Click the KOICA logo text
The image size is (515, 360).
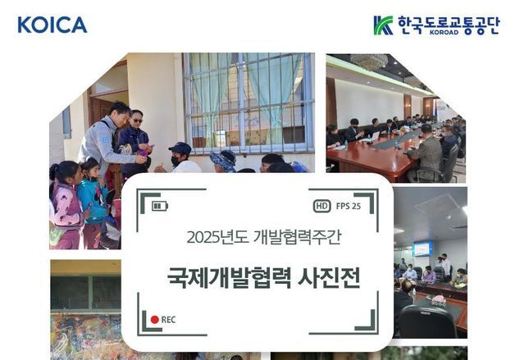coord(52,25)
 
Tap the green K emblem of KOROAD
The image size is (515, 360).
coord(382,25)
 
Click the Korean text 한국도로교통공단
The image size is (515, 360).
coord(449,23)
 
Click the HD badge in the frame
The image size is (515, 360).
coord(322,207)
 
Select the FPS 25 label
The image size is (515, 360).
coord(348,207)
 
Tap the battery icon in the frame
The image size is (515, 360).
coord(159,206)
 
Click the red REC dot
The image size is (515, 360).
coord(154,319)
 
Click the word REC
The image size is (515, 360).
coord(168,319)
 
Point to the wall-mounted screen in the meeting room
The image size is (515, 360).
coord(422,248)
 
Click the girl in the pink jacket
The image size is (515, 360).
coord(66,205)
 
